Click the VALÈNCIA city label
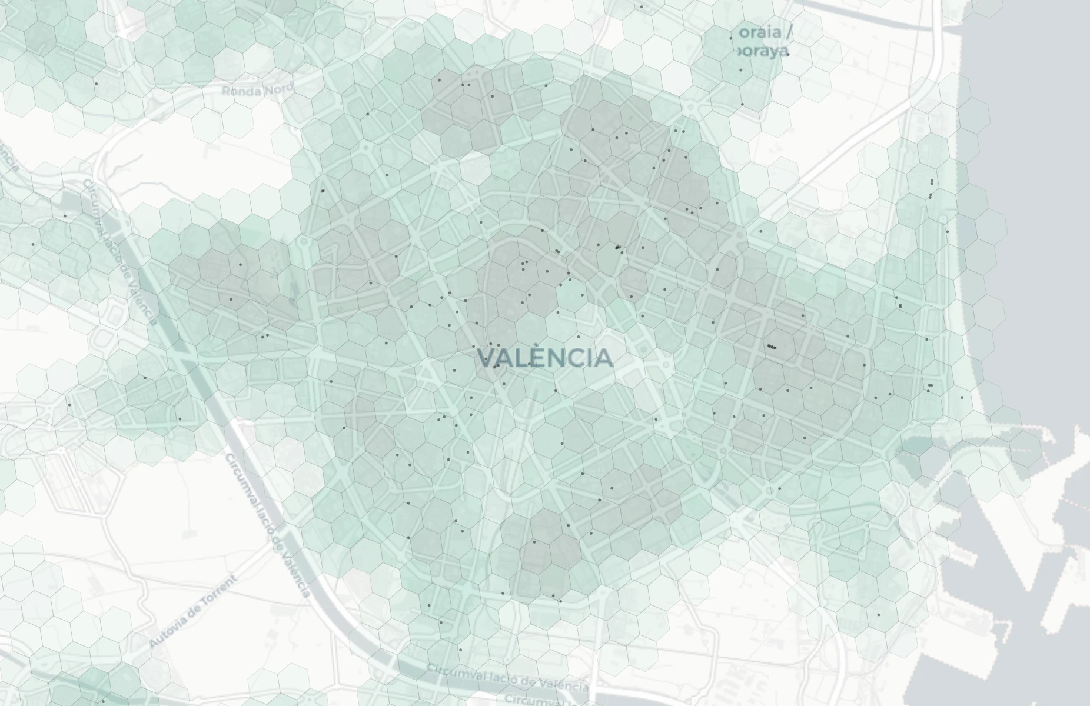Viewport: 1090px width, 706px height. point(544,358)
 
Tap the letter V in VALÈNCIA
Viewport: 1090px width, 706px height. point(486,358)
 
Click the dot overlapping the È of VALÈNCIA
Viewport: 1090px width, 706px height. point(530,364)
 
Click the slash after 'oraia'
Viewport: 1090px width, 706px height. point(788,32)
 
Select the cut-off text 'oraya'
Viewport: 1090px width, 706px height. point(762,51)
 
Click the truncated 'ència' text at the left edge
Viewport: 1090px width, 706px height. point(8,156)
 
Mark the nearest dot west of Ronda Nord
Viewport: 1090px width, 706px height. point(97,84)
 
